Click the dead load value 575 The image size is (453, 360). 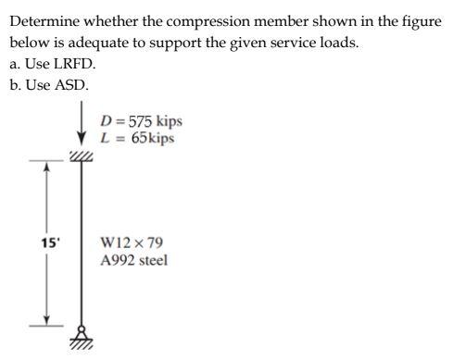(x=141, y=122)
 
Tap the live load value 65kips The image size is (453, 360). (x=150, y=139)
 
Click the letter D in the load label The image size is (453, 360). (x=106, y=122)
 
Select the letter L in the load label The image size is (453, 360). (x=105, y=139)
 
